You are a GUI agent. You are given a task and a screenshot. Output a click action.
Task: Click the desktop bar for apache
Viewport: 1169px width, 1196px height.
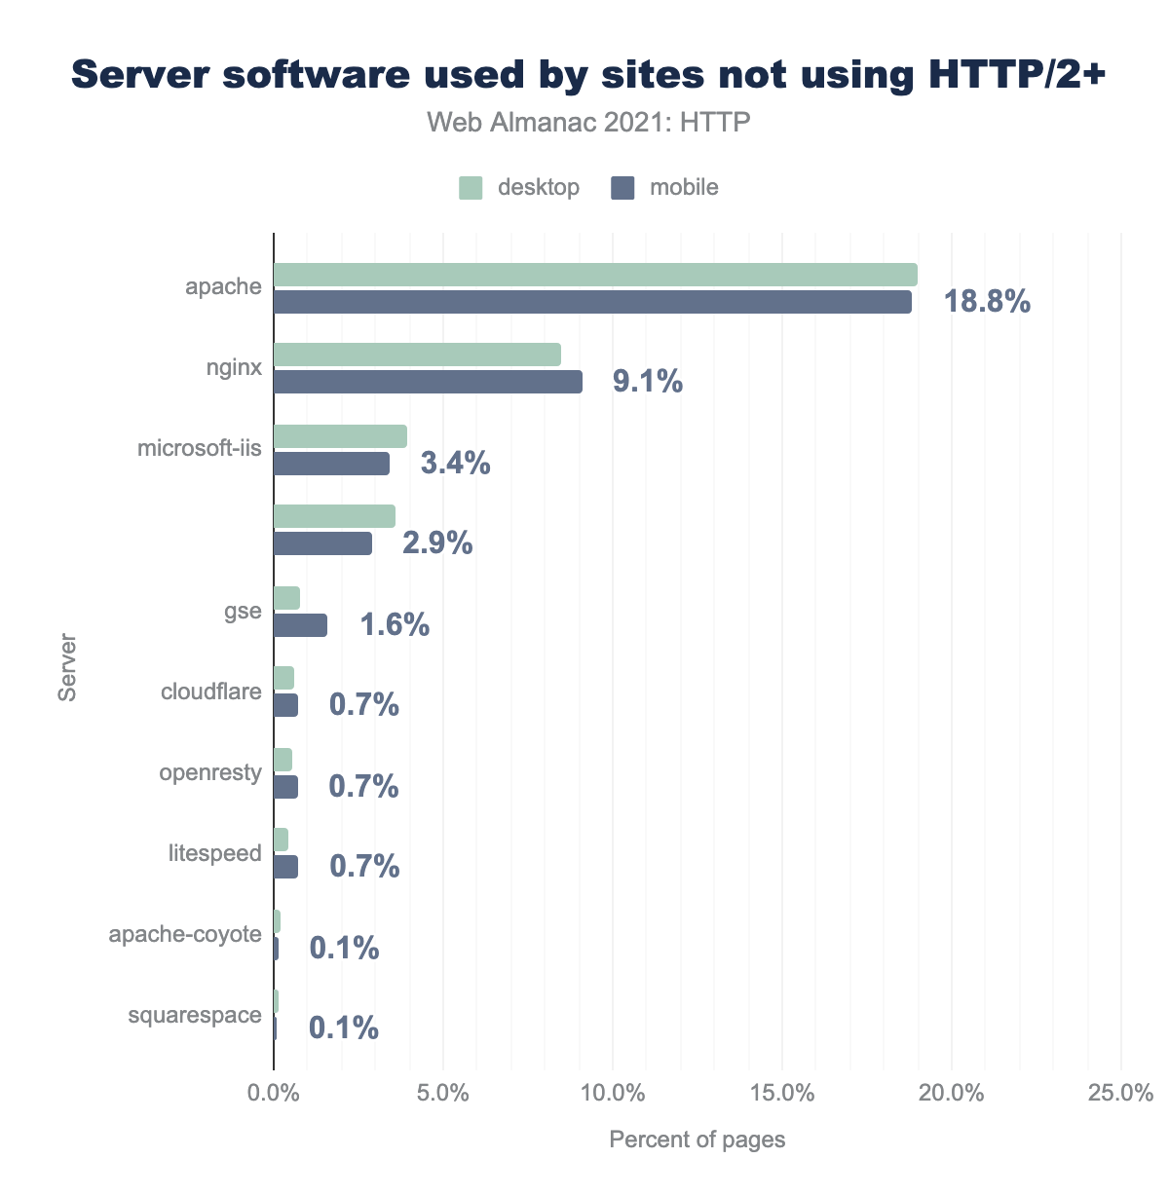tap(595, 275)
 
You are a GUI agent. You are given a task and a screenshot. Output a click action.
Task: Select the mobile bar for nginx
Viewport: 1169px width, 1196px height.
tap(428, 382)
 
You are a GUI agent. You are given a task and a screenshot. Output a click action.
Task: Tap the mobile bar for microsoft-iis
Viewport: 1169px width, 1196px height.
tap(331, 464)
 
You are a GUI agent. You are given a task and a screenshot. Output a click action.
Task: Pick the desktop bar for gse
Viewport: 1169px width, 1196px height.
tap(286, 598)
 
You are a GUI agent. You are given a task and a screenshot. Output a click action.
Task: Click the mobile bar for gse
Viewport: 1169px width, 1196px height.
tap(300, 625)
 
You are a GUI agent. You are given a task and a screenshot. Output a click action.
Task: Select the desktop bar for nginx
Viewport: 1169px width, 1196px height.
tap(417, 355)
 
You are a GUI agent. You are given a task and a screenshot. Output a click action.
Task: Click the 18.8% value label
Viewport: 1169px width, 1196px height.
tap(987, 302)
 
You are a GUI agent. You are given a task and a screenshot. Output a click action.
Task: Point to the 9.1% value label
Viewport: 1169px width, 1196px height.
tap(648, 382)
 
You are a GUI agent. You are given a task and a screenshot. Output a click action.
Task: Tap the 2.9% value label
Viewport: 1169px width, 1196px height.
tap(437, 543)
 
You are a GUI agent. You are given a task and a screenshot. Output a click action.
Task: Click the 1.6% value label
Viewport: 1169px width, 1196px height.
tap(395, 624)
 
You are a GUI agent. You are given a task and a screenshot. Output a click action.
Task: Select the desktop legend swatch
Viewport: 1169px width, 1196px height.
tap(471, 188)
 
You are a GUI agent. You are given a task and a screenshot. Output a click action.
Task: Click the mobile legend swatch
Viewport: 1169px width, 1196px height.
tap(622, 188)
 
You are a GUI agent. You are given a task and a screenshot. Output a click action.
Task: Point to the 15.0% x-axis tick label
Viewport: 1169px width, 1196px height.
tap(782, 1093)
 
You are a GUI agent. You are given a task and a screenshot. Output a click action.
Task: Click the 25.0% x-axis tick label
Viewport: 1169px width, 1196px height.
tap(1121, 1093)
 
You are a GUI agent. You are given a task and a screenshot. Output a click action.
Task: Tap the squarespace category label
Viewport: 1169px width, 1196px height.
tap(195, 1016)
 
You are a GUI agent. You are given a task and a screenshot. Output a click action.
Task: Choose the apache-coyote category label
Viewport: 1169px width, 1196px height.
tap(185, 935)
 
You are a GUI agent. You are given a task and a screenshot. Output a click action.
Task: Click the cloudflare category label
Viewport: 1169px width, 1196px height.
tap(211, 692)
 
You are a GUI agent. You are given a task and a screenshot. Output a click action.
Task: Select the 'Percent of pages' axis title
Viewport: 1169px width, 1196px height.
tap(697, 1140)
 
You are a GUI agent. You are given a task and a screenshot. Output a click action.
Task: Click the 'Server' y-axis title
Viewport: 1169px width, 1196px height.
tap(66, 668)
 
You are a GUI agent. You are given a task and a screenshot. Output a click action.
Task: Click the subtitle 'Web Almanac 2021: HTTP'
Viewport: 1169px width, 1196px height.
tap(588, 123)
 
